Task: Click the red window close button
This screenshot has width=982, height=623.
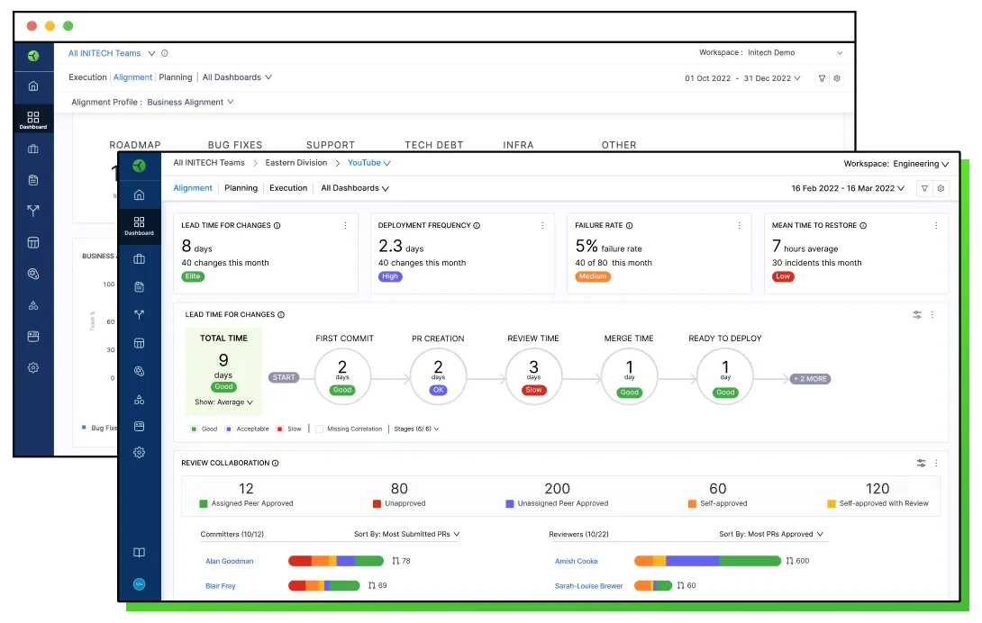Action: point(31,26)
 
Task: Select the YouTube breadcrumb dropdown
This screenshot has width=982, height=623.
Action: point(368,163)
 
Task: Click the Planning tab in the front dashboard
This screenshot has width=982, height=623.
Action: point(241,188)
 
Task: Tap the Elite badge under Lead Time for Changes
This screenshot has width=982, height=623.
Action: point(193,276)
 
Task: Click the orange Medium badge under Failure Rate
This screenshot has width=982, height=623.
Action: point(593,276)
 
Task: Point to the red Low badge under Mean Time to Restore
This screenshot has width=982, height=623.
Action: point(783,276)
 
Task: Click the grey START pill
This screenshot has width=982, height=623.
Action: point(284,378)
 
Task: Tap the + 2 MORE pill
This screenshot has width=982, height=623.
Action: point(810,379)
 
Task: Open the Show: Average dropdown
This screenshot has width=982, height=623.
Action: point(223,402)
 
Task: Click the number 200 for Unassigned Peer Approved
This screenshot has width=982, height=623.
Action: point(557,489)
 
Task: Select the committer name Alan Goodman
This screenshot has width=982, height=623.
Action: point(229,561)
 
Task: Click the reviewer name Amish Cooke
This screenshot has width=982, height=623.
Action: point(577,561)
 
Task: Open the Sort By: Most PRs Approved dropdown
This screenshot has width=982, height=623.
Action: point(771,534)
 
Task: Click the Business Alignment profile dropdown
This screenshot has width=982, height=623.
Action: point(190,103)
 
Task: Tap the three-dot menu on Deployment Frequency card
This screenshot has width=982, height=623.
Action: point(542,226)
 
